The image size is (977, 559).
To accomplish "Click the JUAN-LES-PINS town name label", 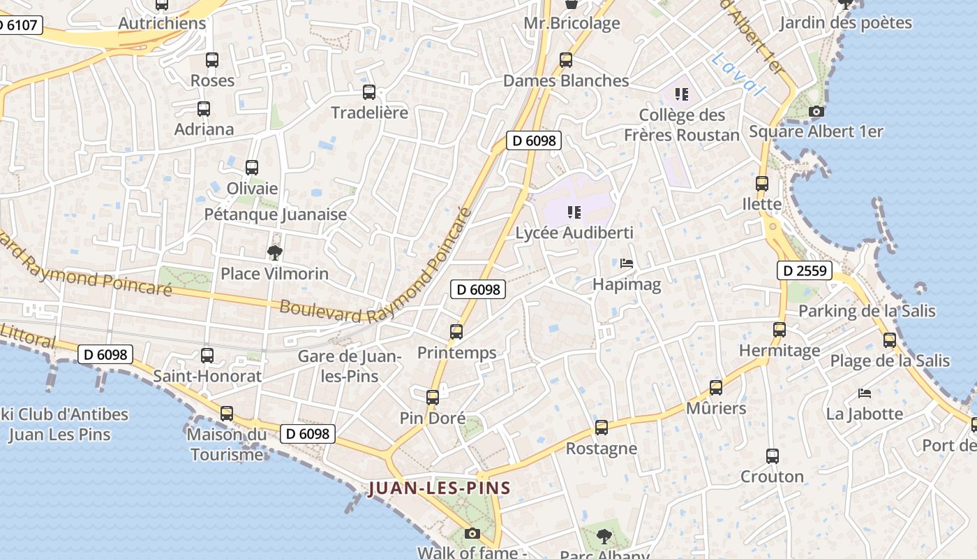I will (x=440, y=488).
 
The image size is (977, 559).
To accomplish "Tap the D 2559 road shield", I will (x=805, y=270).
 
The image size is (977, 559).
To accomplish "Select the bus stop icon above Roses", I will (x=212, y=60).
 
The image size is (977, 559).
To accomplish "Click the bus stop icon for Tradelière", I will (x=369, y=92).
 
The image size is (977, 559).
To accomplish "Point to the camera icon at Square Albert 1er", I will (x=816, y=111).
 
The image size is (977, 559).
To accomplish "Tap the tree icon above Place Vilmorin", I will (x=275, y=252).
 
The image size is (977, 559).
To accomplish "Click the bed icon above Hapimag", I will (x=627, y=263).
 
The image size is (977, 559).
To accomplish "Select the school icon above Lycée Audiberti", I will (x=574, y=212).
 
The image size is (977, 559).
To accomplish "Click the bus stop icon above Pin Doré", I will (x=433, y=398).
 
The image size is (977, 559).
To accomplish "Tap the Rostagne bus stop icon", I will (x=602, y=428).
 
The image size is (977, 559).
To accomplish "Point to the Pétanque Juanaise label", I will (x=275, y=215).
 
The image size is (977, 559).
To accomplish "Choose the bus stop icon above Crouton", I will (x=772, y=456).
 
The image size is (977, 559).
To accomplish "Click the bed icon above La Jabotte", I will (x=865, y=393).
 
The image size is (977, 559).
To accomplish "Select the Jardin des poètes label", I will (x=845, y=22).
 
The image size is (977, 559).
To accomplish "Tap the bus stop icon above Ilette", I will (x=762, y=184).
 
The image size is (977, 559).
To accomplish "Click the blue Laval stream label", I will (x=739, y=75).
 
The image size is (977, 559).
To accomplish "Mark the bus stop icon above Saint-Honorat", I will (x=207, y=356).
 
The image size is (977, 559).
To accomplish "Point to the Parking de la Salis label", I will (x=867, y=311).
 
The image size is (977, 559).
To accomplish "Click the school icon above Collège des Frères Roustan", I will (x=682, y=94).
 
